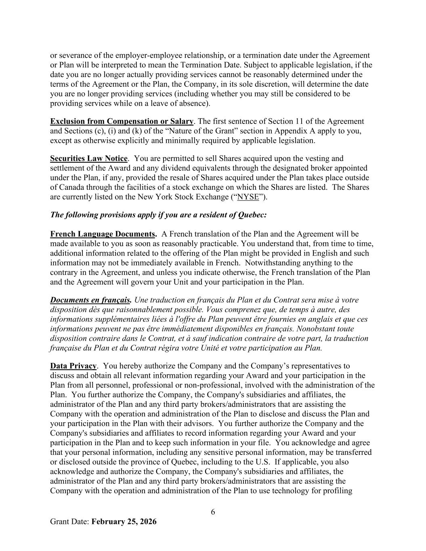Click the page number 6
click(213, 512)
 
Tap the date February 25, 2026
click(124, 522)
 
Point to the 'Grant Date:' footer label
click(70, 522)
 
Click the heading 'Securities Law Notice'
click(89, 158)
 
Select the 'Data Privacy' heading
click(73, 366)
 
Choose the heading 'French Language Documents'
click(103, 234)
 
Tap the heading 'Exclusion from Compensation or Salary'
click(122, 121)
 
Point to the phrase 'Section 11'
click(292, 121)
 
